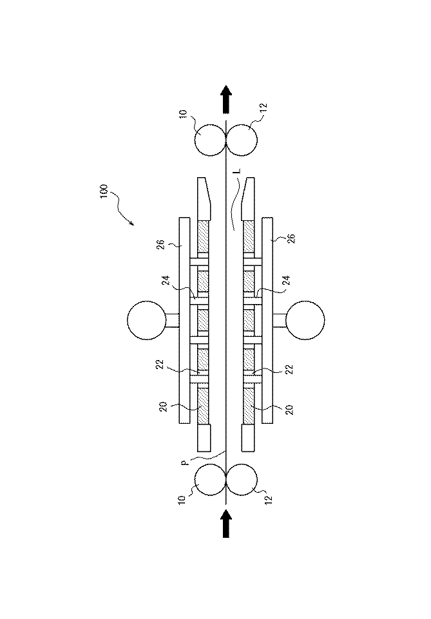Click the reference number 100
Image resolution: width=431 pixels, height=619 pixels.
[104, 191]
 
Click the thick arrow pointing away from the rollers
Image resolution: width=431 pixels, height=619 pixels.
[226, 99]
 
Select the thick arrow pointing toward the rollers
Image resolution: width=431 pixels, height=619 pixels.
[226, 523]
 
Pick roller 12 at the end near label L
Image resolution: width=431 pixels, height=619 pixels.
[242, 140]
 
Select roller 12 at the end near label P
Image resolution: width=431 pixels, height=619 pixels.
[242, 480]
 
